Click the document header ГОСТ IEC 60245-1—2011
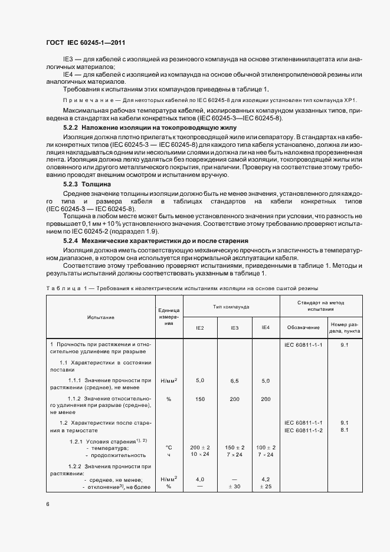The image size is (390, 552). tap(86, 43)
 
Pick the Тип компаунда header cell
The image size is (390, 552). tap(231, 307)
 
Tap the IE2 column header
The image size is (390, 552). tap(200, 327)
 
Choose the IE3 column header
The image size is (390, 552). tap(234, 327)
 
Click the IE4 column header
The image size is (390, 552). tap(266, 327)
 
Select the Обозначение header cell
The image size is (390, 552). tap(303, 327)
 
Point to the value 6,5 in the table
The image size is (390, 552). tap(234, 381)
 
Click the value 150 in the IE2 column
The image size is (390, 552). tap(200, 399)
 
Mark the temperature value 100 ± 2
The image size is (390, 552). tap(266, 448)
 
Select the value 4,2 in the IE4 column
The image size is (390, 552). tap(266, 479)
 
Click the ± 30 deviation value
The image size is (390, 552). tap(234, 487)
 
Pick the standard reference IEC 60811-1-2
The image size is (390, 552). tap(303, 430)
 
